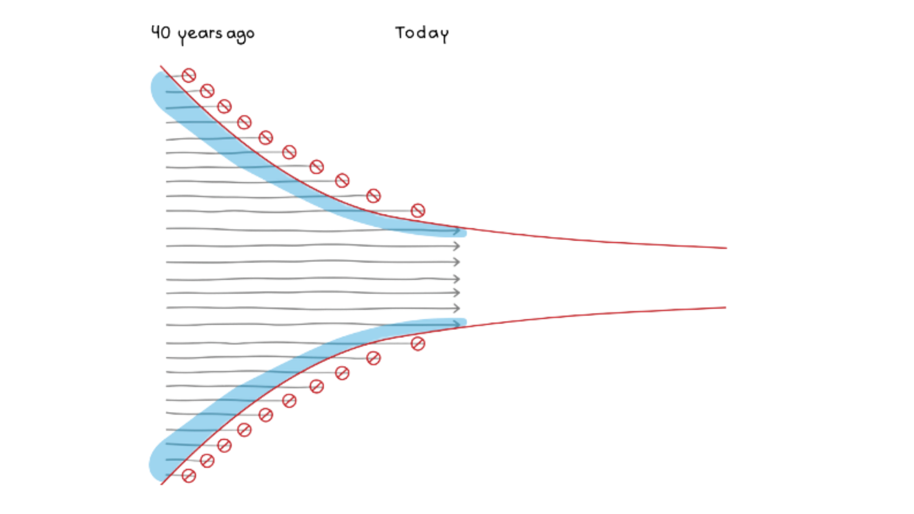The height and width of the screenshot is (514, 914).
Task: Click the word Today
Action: (422, 33)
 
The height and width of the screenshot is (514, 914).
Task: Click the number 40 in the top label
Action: (160, 32)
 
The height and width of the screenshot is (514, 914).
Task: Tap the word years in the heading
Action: (200, 35)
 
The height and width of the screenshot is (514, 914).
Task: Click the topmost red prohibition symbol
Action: (189, 75)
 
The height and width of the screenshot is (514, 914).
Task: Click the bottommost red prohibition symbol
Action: (189, 475)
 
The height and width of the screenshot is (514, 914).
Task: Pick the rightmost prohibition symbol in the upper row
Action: (417, 210)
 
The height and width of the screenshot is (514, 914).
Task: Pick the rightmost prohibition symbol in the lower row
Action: (417, 343)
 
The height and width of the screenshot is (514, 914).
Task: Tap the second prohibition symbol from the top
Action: (207, 90)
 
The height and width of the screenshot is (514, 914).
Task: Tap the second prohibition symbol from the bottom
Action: (207, 460)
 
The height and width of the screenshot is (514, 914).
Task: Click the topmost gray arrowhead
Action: (457, 231)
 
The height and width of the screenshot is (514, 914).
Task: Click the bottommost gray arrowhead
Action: (457, 324)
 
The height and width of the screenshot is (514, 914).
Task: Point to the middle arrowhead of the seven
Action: (457, 278)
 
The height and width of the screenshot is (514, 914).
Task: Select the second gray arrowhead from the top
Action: (457, 246)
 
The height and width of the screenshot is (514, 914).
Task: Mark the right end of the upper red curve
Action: (726, 248)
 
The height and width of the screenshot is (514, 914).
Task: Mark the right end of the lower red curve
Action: (725, 307)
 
